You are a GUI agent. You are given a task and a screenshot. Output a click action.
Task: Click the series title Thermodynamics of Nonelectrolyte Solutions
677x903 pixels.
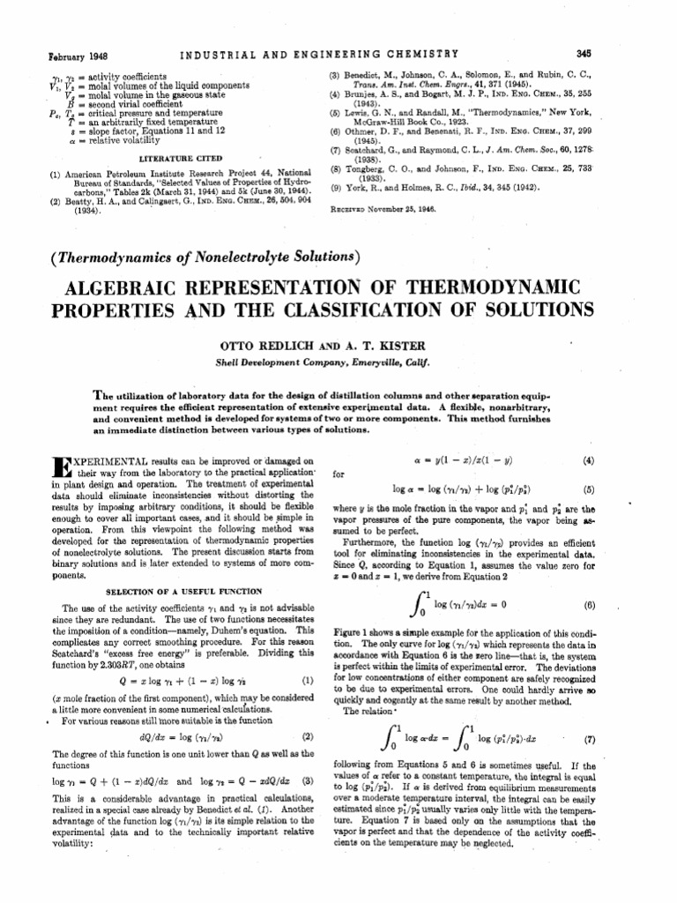tap(209, 256)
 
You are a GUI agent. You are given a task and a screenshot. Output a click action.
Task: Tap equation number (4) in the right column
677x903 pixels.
tap(589, 459)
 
